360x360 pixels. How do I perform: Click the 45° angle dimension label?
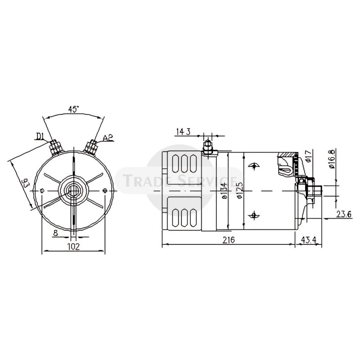point(73,109)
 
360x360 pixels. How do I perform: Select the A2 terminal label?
point(108,138)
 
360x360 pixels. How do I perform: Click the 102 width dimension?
point(73,246)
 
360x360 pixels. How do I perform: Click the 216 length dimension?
point(229,240)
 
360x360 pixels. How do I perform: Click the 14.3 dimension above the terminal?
point(184,131)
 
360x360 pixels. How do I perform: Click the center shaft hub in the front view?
point(73,190)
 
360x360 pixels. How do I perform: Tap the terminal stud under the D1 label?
point(56,147)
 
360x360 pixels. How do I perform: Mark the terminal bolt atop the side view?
point(207,147)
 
